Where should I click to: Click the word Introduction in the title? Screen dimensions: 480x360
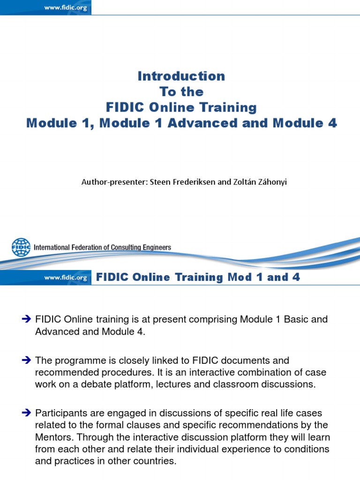pyautogui.click(x=181, y=76)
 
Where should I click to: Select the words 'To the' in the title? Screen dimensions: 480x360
pyautogui.click(x=181, y=91)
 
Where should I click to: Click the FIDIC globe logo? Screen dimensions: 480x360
pyautogui.click(x=21, y=247)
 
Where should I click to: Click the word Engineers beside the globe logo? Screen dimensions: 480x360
pyautogui.click(x=154, y=247)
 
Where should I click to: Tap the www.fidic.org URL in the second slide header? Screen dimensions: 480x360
pyautogui.click(x=66, y=277)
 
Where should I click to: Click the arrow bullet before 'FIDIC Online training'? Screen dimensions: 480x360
pyautogui.click(x=26, y=320)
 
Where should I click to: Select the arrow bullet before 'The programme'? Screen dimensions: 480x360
pyautogui.click(x=26, y=361)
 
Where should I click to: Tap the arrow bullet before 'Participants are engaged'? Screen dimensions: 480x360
pyautogui.click(x=26, y=413)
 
